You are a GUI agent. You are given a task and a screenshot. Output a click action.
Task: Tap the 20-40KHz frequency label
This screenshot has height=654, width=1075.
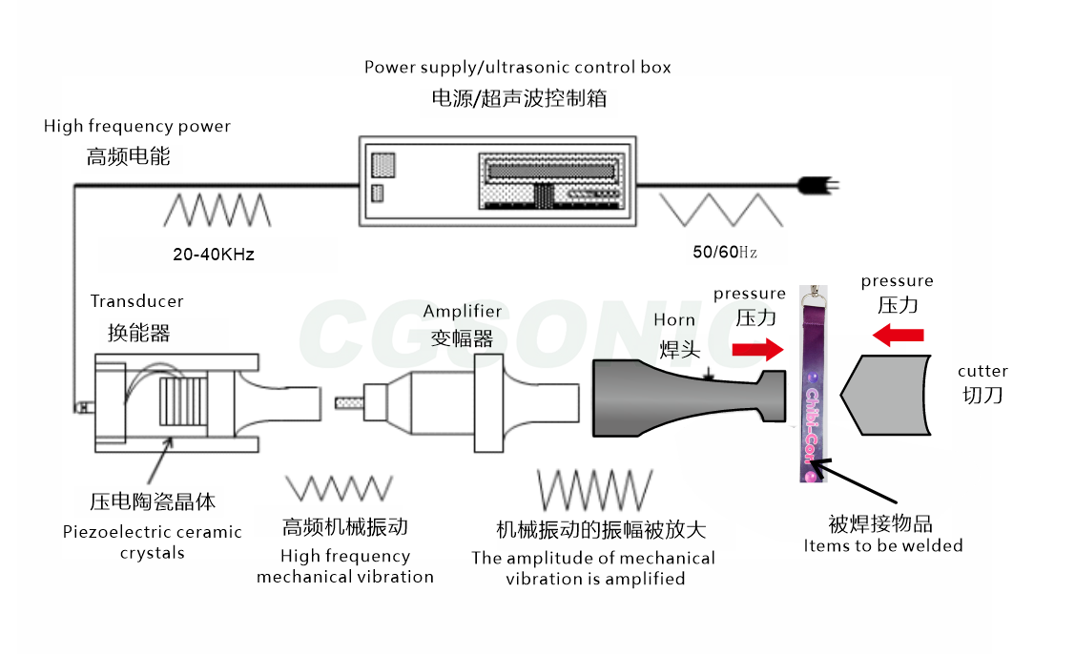[x=214, y=255]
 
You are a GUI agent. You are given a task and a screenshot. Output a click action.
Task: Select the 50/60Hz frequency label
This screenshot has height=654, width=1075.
[x=725, y=253]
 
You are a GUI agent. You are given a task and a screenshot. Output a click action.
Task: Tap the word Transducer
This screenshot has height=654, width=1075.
[x=136, y=301]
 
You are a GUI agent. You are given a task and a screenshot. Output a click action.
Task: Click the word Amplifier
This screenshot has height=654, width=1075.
[x=462, y=312]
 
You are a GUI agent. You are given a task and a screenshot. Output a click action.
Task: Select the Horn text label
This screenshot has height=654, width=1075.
[x=674, y=320]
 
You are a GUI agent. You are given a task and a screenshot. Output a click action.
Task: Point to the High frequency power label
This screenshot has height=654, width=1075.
[x=137, y=126]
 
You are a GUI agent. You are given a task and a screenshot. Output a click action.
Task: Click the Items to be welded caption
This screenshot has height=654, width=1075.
[x=882, y=546]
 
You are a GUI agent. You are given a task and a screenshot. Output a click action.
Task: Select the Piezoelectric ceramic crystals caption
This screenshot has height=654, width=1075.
[x=153, y=542]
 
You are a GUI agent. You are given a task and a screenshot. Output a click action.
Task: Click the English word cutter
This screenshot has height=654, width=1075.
[x=982, y=371]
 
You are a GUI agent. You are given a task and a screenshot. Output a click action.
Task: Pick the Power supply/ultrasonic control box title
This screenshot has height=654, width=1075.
[x=518, y=68]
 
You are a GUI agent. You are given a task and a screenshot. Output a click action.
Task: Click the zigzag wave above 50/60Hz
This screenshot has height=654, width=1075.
[x=722, y=210]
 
